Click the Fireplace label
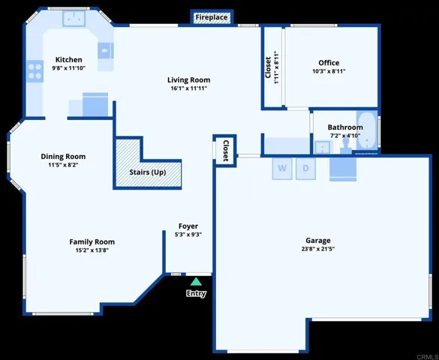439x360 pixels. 212,17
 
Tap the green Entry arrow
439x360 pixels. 197,281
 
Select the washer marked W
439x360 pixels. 282,168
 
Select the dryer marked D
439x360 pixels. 305,168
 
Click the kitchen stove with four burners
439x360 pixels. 35,71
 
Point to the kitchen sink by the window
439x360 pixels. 74,19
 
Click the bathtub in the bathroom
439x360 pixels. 367,130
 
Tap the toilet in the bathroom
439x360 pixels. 346,146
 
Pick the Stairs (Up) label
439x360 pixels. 148,172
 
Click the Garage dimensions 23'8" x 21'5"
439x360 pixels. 318,249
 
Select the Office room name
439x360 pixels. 329,63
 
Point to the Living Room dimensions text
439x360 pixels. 188,88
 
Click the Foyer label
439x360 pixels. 188,226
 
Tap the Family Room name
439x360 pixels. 92,241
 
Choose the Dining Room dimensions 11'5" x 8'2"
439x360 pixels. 63,165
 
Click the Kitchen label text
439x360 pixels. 69,59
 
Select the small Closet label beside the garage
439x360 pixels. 226,151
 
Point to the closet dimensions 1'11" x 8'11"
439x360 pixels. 277,67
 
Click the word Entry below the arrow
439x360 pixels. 197,293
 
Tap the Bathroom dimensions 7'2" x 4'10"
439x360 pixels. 345,136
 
